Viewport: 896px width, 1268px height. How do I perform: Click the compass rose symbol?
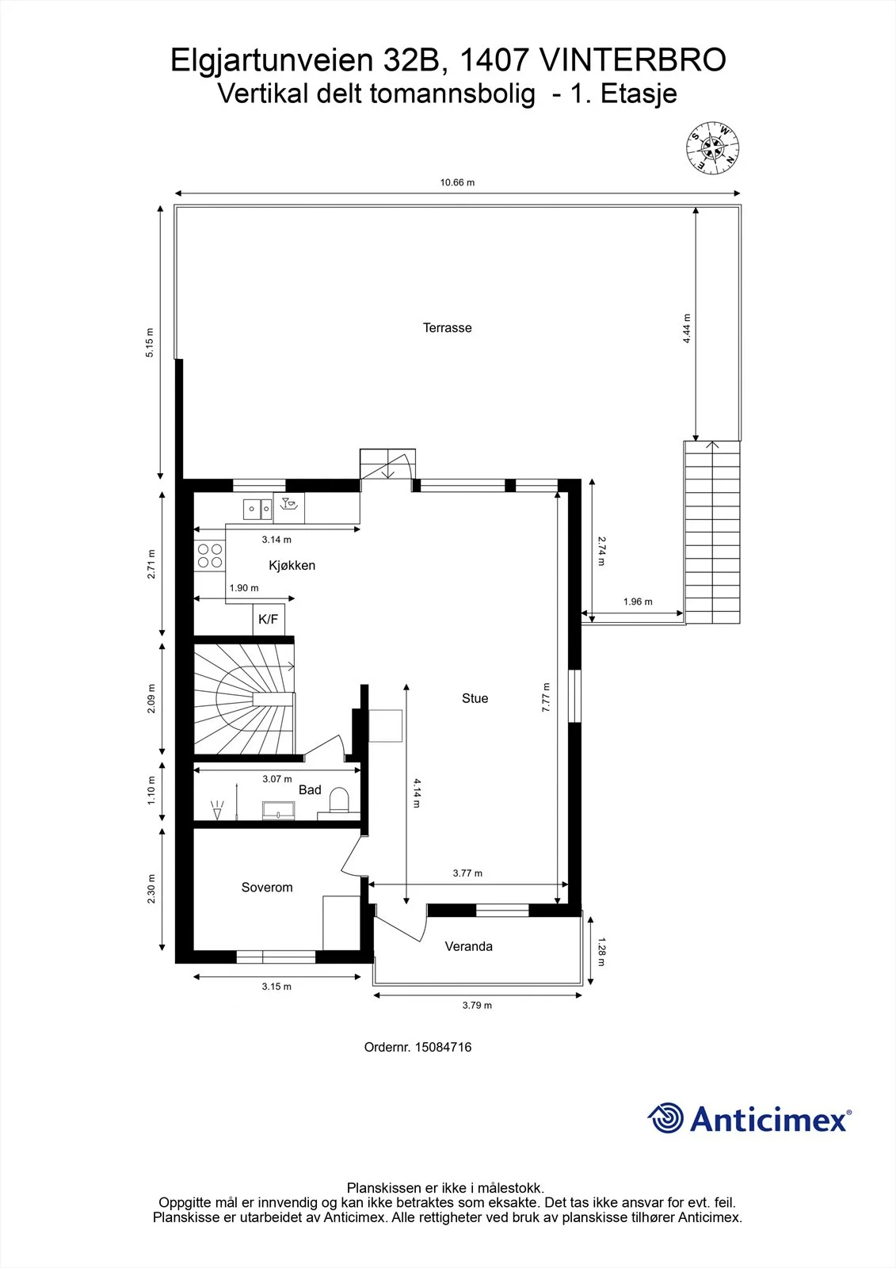point(713,147)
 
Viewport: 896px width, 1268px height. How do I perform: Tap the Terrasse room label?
point(447,328)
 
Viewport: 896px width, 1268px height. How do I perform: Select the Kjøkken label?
point(292,565)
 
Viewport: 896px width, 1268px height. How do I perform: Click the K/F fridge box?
point(269,619)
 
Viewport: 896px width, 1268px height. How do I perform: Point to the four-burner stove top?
point(209,556)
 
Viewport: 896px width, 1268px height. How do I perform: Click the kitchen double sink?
point(257,509)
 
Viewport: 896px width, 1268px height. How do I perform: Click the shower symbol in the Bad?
point(217,809)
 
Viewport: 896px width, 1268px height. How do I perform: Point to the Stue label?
point(475,698)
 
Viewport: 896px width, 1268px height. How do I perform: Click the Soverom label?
point(267,887)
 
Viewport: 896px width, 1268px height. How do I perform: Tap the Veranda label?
point(469,946)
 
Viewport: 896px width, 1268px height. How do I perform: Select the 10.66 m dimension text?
point(457,182)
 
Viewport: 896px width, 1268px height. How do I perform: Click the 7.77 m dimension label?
point(546,697)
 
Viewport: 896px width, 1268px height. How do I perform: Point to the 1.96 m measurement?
point(638,602)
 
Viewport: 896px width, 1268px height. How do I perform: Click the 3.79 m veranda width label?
point(477,1006)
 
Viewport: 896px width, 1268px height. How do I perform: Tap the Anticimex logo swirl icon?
point(665,1118)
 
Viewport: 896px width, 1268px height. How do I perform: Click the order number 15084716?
point(443,1047)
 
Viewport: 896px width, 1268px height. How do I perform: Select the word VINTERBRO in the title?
point(633,60)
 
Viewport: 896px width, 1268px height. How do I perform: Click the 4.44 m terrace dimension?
point(687,329)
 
